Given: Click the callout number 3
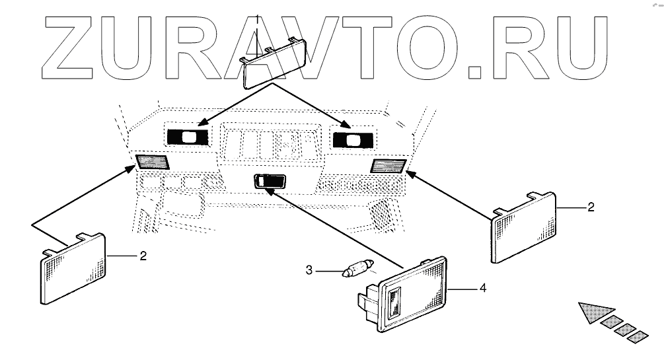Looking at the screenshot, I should tap(308, 270).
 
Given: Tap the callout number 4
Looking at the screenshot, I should tap(484, 288).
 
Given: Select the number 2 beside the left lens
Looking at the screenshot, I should tap(143, 254).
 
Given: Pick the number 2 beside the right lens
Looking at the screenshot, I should tap(591, 207).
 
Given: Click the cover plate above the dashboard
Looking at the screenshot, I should tap(272, 63).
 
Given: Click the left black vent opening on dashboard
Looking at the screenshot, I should tap(187, 137).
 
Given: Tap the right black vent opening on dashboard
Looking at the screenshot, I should tap(353, 139).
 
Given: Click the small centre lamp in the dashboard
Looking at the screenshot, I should tap(270, 180).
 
